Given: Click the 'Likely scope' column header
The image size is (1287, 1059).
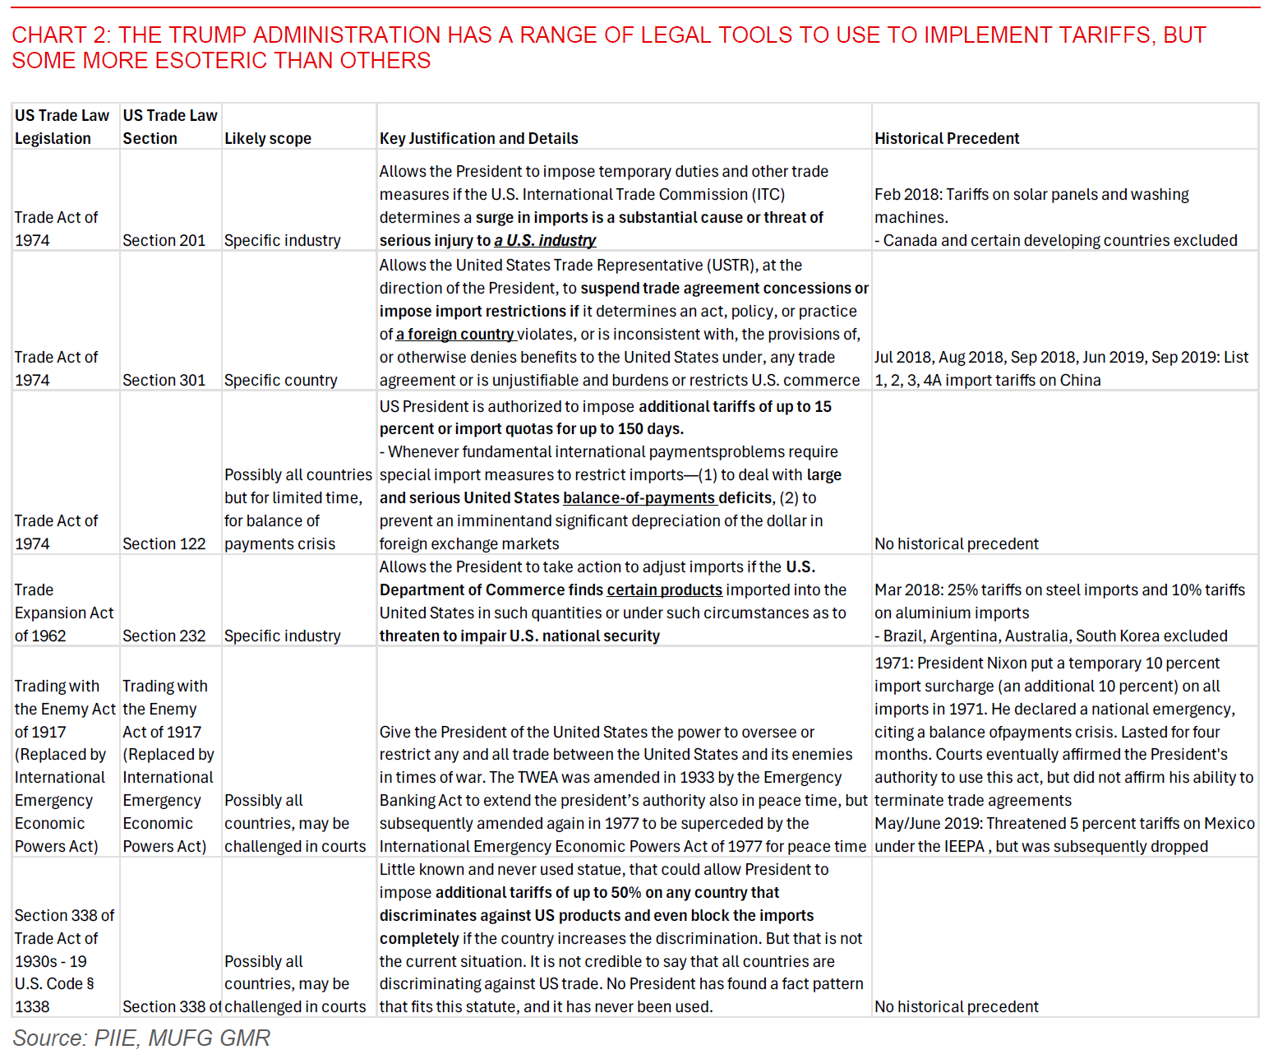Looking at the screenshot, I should click(268, 138).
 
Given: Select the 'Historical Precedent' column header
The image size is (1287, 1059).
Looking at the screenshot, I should click(947, 138).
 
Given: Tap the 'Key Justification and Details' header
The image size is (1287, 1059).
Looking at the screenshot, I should click(478, 138).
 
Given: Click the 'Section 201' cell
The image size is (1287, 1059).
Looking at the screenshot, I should click(164, 240).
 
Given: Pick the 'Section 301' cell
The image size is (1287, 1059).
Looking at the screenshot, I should click(164, 380).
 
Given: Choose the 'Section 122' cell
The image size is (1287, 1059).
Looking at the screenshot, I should click(164, 543).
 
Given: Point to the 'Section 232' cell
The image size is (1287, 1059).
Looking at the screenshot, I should click(164, 636).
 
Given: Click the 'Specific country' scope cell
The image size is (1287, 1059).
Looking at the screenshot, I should click(280, 380).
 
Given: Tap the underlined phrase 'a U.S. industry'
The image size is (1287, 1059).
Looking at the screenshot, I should click(545, 240).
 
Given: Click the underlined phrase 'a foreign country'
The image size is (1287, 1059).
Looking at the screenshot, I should click(454, 334).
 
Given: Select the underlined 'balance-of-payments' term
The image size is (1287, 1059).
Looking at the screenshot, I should click(639, 497).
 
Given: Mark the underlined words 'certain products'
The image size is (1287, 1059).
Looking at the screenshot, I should click(664, 590).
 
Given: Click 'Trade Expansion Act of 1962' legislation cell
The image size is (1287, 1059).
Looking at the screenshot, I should click(64, 613).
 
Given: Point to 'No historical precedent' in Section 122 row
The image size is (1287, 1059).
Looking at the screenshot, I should click(956, 543).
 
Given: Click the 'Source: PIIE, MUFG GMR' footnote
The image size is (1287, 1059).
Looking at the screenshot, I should click(141, 1038).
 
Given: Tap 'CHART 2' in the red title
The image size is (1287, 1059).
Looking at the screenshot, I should click(61, 35).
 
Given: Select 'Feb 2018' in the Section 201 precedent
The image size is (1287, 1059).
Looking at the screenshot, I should click(905, 194).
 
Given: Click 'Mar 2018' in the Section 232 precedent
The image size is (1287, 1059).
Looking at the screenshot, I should click(906, 590).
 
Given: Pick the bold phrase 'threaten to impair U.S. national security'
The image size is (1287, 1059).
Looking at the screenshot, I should click(519, 636).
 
